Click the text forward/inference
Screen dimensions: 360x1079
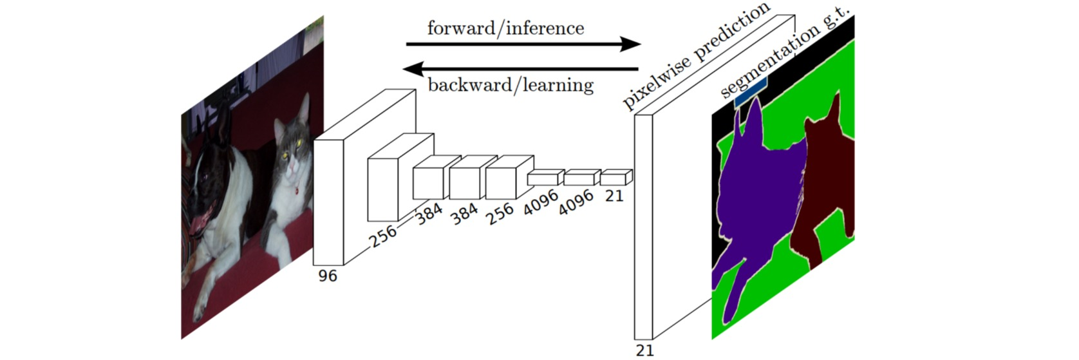tap(505, 28)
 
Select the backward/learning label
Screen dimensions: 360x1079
tap(510, 84)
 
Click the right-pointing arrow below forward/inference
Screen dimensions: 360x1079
tap(523, 44)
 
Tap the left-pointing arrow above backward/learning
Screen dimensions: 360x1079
tap(523, 68)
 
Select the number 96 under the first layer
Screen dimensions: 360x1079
tap(327, 276)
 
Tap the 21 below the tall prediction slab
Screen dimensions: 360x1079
tap(644, 350)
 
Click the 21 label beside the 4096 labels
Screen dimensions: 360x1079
tap(614, 195)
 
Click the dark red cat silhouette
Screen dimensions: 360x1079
tap(824, 187)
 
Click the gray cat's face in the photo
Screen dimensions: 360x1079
tap(290, 155)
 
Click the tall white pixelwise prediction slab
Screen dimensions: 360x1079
tap(644, 225)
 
